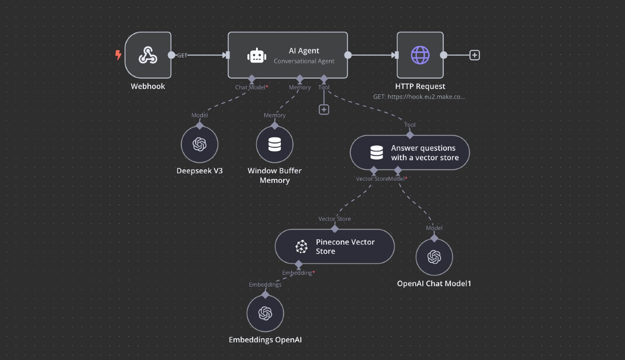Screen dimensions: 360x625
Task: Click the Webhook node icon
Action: pyautogui.click(x=148, y=55)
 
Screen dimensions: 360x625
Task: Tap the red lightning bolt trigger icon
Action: pyautogui.click(x=118, y=55)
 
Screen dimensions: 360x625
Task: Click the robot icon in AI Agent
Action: pyautogui.click(x=257, y=56)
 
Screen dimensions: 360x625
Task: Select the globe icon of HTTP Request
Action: pyautogui.click(x=420, y=55)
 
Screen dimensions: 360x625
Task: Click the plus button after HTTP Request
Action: pyautogui.click(x=475, y=55)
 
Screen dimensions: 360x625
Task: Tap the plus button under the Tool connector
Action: pyautogui.click(x=324, y=109)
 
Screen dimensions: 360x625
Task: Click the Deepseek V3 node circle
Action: pyautogui.click(x=200, y=144)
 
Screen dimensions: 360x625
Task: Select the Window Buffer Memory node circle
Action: pyautogui.click(x=275, y=144)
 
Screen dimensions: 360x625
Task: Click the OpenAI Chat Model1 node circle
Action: pyautogui.click(x=434, y=257)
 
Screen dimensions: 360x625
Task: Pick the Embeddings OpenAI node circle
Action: pyautogui.click(x=265, y=313)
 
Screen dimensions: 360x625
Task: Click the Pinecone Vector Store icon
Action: pyautogui.click(x=301, y=247)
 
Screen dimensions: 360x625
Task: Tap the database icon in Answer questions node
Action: pyautogui.click(x=377, y=152)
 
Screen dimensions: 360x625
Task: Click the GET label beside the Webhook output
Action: pyautogui.click(x=182, y=55)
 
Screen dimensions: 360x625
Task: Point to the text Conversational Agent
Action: pyautogui.click(x=304, y=61)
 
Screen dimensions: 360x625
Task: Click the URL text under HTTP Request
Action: pyautogui.click(x=419, y=97)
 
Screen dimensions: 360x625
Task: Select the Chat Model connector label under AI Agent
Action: pyautogui.click(x=250, y=87)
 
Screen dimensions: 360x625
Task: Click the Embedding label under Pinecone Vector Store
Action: pyautogui.click(x=297, y=273)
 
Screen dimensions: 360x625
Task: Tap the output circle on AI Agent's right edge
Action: pyautogui.click(x=348, y=55)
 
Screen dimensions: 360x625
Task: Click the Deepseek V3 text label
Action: pyautogui.click(x=200, y=171)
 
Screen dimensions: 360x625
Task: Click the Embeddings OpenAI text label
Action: pyautogui.click(x=265, y=340)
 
